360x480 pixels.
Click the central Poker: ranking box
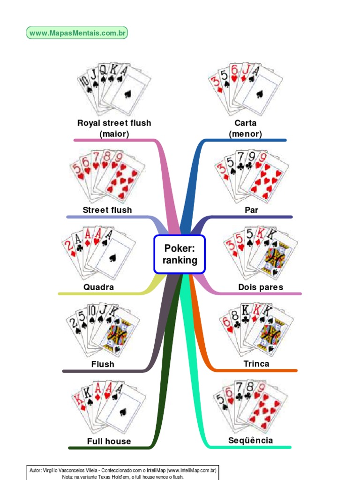[x=180, y=254]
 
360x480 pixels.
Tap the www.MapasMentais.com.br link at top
[x=77, y=33]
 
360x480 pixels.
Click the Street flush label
[x=107, y=210]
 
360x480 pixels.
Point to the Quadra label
[x=98, y=287]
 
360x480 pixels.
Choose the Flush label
[x=103, y=364]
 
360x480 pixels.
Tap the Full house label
[x=109, y=441]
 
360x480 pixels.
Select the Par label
[x=252, y=210]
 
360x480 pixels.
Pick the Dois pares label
[x=261, y=287]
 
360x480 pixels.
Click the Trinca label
[x=256, y=364]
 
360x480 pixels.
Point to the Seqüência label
[x=250, y=441]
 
